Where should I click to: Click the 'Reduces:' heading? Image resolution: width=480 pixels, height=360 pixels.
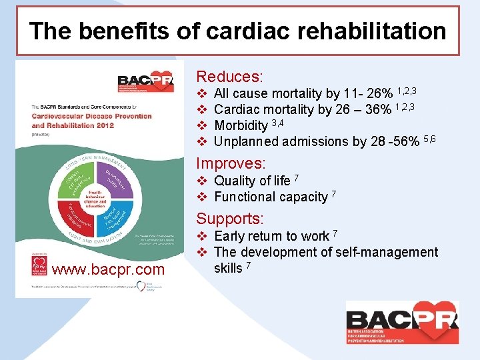pyautogui.click(x=229, y=77)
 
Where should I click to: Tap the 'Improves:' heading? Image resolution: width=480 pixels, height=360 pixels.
pyautogui.click(x=231, y=163)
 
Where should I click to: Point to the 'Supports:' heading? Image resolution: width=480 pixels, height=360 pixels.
pyautogui.click(x=230, y=219)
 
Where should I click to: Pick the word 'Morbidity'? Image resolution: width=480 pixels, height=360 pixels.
pyautogui.click(x=241, y=125)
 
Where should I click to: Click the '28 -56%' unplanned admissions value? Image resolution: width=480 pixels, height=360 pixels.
pyautogui.click(x=386, y=141)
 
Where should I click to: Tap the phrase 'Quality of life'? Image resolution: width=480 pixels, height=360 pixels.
pyautogui.click(x=252, y=181)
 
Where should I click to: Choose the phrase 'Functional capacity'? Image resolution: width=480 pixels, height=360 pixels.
pyautogui.click(x=271, y=197)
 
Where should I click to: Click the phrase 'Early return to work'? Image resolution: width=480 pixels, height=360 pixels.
pyautogui.click(x=271, y=236)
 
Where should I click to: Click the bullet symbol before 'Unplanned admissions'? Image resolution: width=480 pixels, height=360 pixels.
pyautogui.click(x=203, y=141)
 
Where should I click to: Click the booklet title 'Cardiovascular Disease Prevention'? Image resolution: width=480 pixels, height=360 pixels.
pyautogui.click(x=91, y=116)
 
